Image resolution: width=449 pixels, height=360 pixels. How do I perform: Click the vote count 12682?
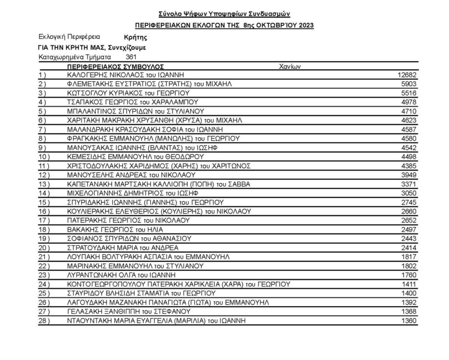click(x=407, y=75)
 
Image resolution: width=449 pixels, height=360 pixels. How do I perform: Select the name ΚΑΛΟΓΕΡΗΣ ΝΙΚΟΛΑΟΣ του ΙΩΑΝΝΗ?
click(x=125, y=75)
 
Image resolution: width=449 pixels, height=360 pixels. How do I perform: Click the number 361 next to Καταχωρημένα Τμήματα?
click(x=132, y=57)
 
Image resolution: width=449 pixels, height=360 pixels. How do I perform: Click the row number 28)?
click(x=45, y=321)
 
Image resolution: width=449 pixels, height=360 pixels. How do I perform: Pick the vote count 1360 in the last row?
click(x=409, y=321)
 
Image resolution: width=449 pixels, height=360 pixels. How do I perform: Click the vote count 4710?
click(x=409, y=111)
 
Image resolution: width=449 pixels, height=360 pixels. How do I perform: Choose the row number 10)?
click(x=45, y=157)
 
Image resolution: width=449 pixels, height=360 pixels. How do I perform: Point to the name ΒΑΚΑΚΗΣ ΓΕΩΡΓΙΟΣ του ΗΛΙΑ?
click(x=111, y=229)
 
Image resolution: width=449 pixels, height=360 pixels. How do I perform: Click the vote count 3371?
click(x=409, y=184)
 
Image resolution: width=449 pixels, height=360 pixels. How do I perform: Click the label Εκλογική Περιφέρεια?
click(x=69, y=37)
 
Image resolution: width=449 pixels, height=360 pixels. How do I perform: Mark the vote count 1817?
click(x=409, y=257)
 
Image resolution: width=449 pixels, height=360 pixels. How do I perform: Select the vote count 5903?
click(x=409, y=83)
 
